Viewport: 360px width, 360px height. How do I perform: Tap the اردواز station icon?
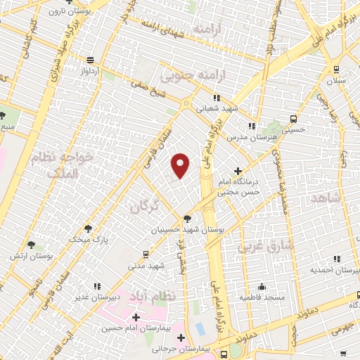[89, 60]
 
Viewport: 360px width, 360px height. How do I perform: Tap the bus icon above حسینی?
[292, 119]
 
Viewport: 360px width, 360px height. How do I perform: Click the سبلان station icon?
[336, 70]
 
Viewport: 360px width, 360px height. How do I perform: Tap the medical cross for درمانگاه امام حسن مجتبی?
[238, 171]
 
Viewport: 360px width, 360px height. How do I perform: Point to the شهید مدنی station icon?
[145, 255]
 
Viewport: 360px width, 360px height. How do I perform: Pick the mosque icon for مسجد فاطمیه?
[262, 286]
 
